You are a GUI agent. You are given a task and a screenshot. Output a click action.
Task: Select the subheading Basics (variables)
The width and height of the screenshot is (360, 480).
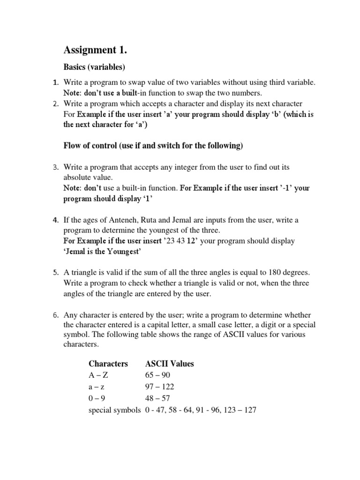pos(95,67)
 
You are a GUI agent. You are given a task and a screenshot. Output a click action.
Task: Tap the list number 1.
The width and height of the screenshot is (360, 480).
pos(55,82)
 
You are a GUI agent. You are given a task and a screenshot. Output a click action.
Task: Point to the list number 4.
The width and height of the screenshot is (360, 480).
pos(55,220)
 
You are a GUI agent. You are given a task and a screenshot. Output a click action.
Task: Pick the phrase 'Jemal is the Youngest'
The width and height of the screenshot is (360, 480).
pos(102,252)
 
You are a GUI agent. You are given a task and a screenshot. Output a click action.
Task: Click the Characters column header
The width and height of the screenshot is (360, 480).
pos(108,364)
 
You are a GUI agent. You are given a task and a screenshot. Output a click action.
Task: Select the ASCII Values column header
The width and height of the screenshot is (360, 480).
pos(170,364)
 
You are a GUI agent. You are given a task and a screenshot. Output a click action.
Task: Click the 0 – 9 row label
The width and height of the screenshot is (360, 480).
pos(97,398)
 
